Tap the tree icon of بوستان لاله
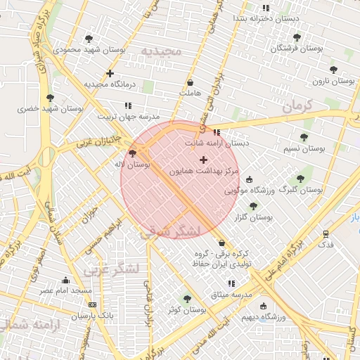tap(133, 153)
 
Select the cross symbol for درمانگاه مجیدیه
tap(110, 73)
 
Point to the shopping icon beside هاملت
tap(191, 82)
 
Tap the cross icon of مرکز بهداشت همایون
tap(204, 160)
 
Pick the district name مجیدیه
tap(161, 51)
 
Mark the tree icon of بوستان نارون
tap(333, 70)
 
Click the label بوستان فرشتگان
tap(298, 49)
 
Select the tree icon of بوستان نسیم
tap(304, 137)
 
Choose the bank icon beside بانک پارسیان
tap(93, 305)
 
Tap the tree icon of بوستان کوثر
tap(187, 299)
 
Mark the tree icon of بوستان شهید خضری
tap(49, 98)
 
